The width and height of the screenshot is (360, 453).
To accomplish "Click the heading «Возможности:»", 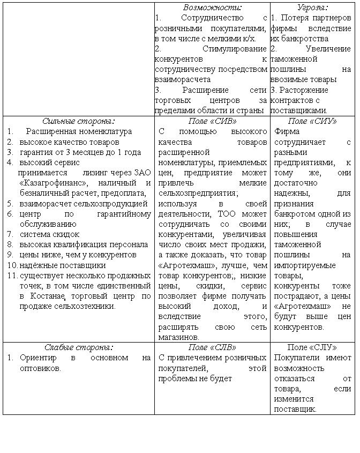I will click(212, 8).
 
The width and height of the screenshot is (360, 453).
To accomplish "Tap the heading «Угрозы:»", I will click(312, 8).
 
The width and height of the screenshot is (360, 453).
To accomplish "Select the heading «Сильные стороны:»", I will click(79, 121).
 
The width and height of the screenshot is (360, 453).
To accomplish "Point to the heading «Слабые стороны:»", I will click(79, 347).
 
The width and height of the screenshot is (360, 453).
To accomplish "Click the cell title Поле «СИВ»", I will click(212, 121).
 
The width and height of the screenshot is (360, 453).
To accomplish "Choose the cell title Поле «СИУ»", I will click(312, 121).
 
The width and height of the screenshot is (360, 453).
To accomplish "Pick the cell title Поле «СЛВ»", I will click(212, 347).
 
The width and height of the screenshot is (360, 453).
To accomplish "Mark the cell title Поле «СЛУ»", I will click(312, 347).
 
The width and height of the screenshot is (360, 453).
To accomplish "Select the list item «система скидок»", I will click(49, 234).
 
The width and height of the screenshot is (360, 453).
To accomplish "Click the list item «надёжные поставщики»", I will click(55, 265).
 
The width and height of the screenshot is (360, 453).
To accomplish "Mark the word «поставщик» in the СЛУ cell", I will click(295, 409).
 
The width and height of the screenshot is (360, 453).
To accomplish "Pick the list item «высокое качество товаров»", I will click(70, 142).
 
